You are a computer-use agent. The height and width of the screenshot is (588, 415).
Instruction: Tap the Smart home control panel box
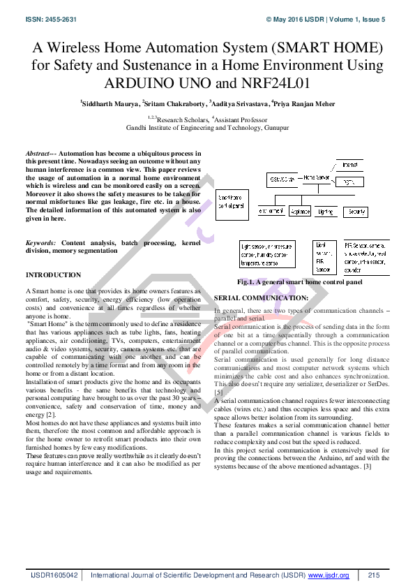coord(232,202)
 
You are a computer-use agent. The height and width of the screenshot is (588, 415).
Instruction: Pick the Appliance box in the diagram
coord(300,210)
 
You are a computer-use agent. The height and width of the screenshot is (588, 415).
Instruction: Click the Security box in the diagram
coord(356,210)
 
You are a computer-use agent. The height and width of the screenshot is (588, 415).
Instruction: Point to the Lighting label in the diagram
coord(325,210)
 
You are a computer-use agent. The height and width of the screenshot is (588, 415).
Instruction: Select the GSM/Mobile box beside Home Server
coord(282,179)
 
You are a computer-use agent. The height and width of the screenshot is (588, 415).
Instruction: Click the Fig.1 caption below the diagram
coord(300,282)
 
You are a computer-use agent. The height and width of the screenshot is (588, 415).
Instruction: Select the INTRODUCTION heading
coord(53,275)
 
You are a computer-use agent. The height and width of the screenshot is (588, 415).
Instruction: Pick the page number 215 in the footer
coord(374,575)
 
